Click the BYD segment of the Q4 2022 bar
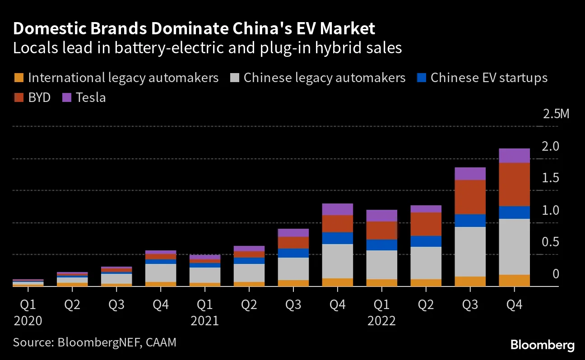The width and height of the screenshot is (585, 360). [514, 184]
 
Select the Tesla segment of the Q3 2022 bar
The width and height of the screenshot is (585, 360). [470, 174]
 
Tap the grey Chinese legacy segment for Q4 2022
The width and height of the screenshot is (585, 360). [514, 246]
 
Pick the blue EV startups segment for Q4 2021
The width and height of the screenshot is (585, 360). [337, 238]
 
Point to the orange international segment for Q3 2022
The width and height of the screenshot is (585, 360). [470, 281]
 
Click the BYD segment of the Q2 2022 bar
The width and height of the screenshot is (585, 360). [426, 224]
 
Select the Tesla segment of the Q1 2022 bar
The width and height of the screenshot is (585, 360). [381, 215]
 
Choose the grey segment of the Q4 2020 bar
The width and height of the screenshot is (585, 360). [160, 272]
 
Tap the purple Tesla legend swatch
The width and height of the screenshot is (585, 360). [66, 97]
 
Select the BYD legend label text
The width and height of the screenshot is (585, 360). [39, 97]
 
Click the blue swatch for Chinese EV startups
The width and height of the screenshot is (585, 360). [421, 78]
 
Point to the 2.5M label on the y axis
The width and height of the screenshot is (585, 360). [556, 114]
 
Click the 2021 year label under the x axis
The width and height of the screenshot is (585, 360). [204, 321]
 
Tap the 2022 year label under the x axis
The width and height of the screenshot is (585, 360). [381, 321]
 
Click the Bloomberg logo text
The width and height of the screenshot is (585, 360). [542, 346]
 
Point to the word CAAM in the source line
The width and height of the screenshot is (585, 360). [161, 342]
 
